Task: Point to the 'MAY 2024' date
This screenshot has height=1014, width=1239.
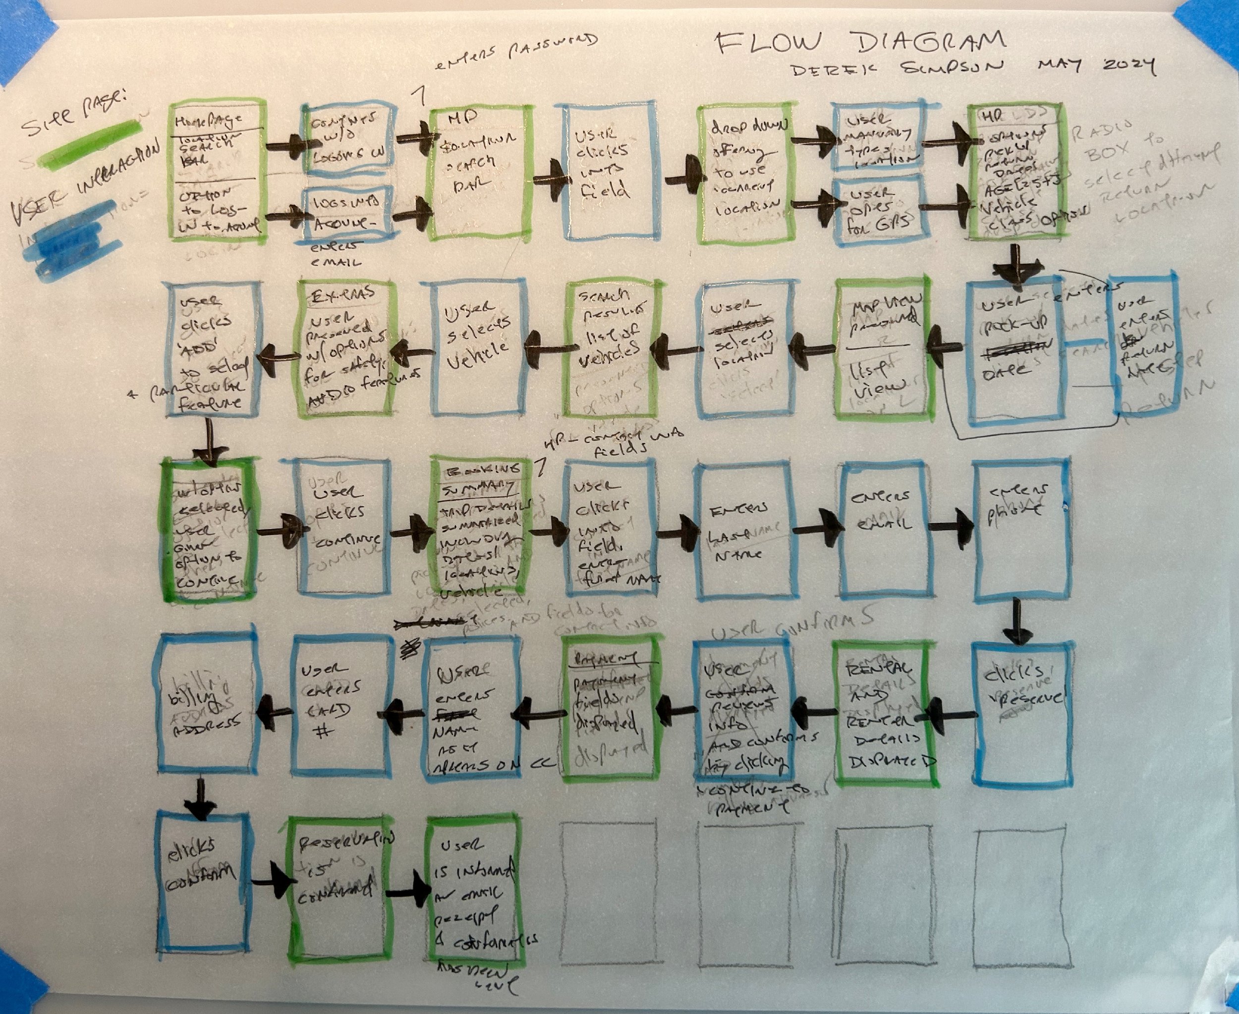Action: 1097,66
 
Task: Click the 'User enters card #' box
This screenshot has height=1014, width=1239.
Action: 340,706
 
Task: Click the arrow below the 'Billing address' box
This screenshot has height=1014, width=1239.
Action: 200,799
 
